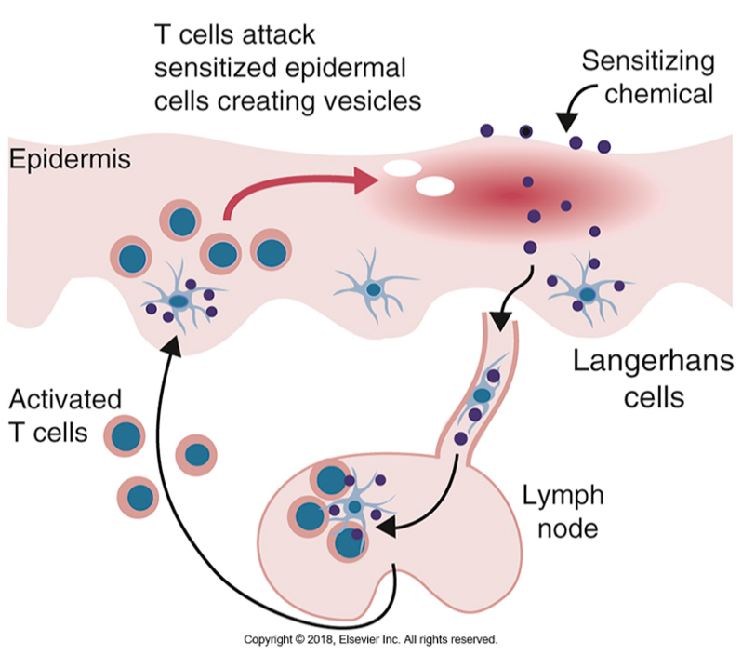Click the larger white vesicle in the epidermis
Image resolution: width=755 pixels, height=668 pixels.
click(433, 185)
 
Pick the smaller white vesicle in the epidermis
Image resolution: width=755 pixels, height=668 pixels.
click(402, 169)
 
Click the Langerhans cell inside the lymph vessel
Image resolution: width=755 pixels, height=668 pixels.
click(483, 394)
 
